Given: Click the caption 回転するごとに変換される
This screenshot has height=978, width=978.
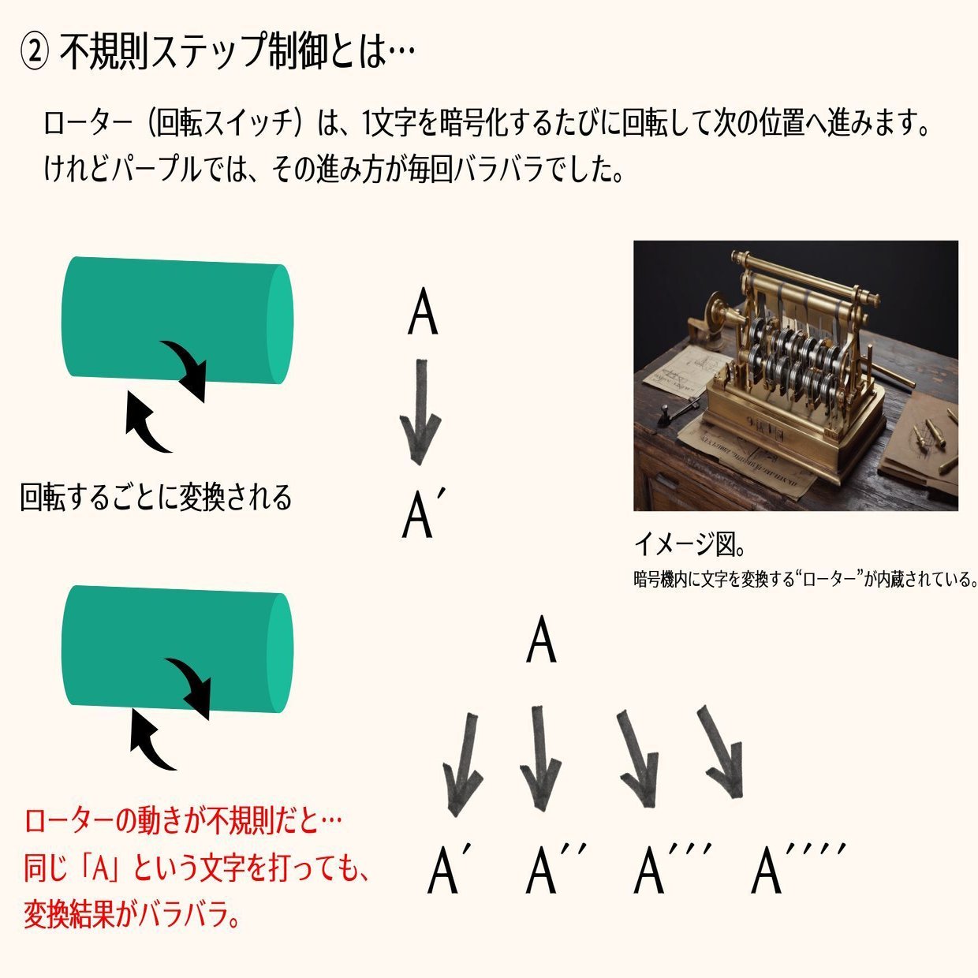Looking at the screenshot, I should point(156,498).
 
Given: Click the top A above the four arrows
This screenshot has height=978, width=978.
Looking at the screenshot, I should point(541,640).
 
